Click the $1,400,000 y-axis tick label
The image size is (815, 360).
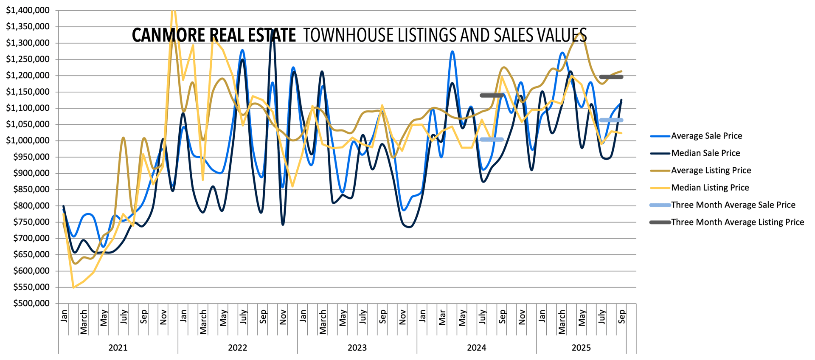(28, 10)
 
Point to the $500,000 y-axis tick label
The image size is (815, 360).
(31, 304)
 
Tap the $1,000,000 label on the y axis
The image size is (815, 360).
(28, 141)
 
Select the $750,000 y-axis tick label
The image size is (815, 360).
(31, 222)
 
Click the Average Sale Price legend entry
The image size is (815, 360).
(706, 136)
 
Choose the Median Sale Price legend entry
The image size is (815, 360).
(705, 153)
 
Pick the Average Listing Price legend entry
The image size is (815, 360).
(711, 171)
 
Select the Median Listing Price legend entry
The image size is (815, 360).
(710, 188)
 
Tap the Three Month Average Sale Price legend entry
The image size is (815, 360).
(733, 205)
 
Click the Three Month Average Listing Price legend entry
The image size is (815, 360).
(737, 222)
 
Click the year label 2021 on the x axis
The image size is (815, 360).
(118, 348)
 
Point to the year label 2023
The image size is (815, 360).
(357, 348)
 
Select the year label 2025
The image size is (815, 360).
(581, 348)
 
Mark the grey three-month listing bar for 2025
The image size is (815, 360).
(611, 77)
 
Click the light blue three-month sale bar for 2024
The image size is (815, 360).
(492, 139)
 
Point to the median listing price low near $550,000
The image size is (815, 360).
(74, 287)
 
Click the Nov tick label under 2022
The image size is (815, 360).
(283, 317)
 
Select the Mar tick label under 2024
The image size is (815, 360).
(442, 317)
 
